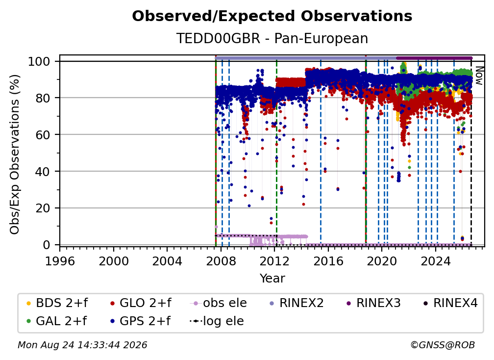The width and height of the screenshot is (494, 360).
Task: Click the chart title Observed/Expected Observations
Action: pos(272,16)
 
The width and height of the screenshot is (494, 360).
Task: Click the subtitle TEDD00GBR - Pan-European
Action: pos(272,38)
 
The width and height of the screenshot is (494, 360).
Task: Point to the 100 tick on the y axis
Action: pos(44,61)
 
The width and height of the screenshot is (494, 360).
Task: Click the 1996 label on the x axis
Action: pos(60,261)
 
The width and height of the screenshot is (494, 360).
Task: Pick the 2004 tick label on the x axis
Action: pos(167,261)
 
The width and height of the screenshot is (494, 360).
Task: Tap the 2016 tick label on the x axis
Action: pos(328,261)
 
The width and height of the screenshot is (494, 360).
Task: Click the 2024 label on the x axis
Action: pos(436,261)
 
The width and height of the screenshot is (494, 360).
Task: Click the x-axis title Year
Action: pos(272,278)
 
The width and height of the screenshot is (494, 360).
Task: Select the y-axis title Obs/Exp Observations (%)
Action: pos(15,154)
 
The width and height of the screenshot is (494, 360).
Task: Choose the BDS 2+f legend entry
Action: pos(57,303)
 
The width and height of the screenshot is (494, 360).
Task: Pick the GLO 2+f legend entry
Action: pos(141,303)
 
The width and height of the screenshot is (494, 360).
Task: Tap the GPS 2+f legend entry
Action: pos(140,321)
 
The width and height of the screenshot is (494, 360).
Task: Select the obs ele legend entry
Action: pos(219,303)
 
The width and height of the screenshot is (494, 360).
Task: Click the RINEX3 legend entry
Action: pos(373,303)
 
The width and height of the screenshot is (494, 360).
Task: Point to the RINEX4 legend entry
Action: pos(450,303)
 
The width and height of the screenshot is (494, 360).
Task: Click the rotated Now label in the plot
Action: pos(478,76)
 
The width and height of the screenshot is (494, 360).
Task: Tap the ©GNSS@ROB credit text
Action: pos(443,345)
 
